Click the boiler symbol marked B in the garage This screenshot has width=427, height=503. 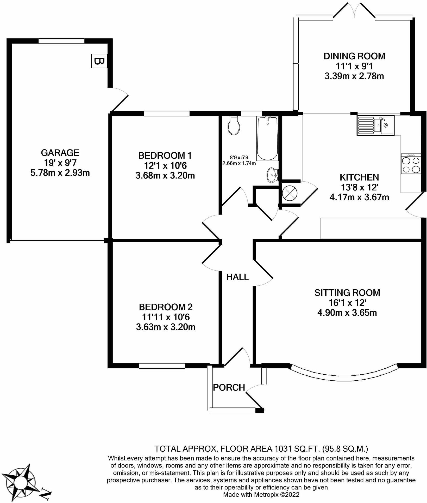[x=99, y=61]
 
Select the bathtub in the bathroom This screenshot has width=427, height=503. [x=267, y=139]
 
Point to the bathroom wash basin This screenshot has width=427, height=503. [x=272, y=175]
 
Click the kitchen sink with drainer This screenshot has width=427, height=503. [x=375, y=125]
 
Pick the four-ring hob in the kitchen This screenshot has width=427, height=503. [x=411, y=164]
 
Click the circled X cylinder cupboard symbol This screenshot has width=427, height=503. [x=290, y=193]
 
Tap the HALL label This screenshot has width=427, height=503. [x=237, y=277]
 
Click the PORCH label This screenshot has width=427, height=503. [x=229, y=387]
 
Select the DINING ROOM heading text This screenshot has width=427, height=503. [x=354, y=56]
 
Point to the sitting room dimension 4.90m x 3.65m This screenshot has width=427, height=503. [x=347, y=313]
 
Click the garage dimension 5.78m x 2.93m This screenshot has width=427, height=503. [x=60, y=173]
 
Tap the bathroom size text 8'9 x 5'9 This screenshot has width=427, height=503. [x=239, y=157]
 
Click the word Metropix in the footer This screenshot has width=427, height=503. [x=266, y=494]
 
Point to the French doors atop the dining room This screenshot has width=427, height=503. [x=354, y=10]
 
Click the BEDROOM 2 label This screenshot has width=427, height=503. [x=166, y=307]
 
